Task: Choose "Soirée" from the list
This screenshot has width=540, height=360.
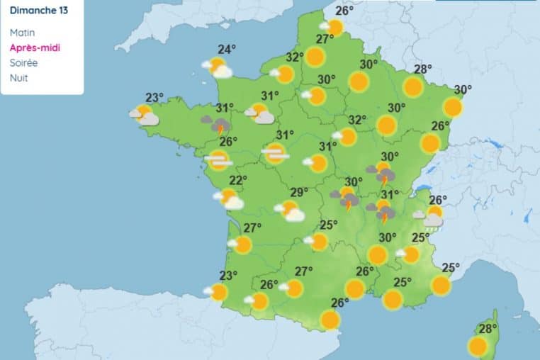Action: pos(24,62)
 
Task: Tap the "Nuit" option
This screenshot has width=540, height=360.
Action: pos(19,77)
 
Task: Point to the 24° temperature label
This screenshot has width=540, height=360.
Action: pos(227,50)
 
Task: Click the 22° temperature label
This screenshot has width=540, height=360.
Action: pos(237,180)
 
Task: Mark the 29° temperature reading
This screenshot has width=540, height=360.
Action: pos(299,192)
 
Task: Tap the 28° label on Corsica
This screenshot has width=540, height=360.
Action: pos(488,329)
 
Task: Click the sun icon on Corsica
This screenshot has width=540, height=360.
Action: pos(478,347)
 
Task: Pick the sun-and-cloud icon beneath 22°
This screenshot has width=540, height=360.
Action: pos(228,199)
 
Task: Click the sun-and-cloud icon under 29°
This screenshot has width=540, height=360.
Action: pos(290,210)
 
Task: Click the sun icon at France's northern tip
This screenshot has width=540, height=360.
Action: pos(334,28)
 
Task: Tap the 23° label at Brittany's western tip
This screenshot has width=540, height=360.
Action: pos(154,98)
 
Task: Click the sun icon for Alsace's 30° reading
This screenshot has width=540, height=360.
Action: pos(453,107)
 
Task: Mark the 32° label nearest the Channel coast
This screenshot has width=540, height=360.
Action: pos(295,57)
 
